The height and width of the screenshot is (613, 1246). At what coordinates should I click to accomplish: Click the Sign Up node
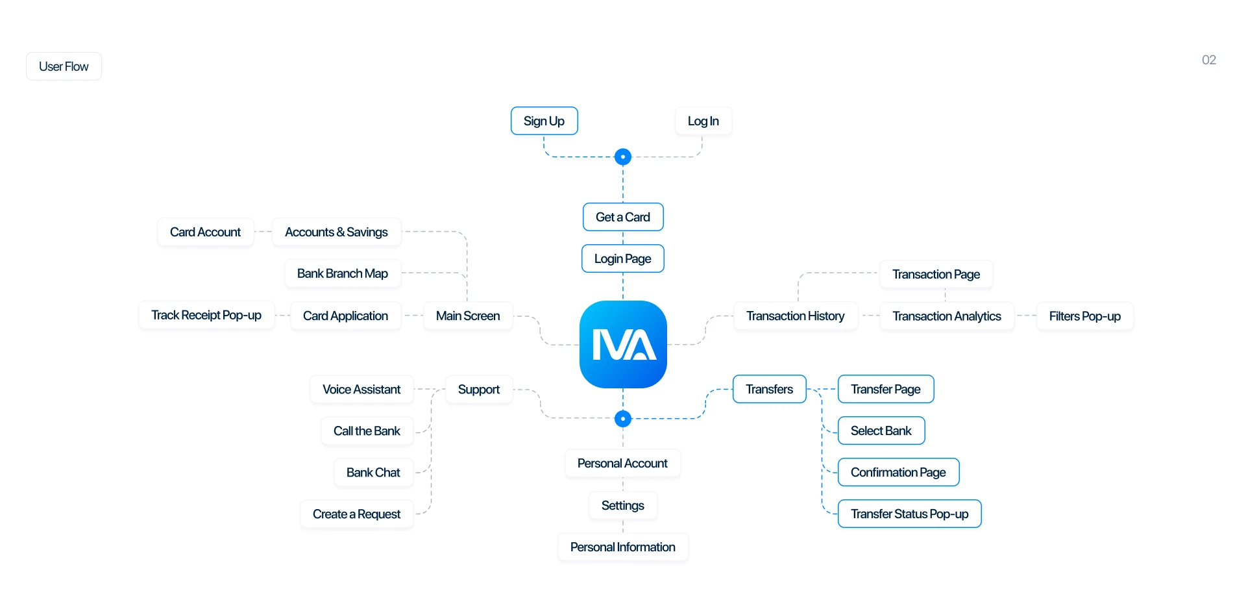pos(544,121)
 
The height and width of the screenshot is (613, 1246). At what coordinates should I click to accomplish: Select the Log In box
pos(703,121)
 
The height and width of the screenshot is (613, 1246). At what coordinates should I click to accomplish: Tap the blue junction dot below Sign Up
pos(623,157)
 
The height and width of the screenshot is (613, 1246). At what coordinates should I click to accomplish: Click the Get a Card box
pos(623,218)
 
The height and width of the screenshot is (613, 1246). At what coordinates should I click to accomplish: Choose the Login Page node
pos(623,259)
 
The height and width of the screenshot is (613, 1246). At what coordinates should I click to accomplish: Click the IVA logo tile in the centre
pos(623,344)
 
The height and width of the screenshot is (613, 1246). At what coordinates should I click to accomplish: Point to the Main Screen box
pos(468,316)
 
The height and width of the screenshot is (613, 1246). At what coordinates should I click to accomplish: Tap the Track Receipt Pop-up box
pos(206,316)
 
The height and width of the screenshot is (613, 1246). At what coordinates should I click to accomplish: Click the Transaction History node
pos(795,316)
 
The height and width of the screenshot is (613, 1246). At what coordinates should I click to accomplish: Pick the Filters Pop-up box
pos(1084,316)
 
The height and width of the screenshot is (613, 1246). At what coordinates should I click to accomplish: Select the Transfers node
pos(769,390)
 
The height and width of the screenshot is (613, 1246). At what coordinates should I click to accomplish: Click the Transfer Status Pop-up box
pos(909,514)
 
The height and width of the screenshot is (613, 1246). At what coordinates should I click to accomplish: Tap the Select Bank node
pos(881,431)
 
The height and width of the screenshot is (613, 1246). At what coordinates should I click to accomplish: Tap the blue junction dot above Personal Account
pos(623,419)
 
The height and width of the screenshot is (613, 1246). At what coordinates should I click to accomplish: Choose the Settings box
pos(623,506)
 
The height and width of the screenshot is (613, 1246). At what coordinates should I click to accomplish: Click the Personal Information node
pos(623,547)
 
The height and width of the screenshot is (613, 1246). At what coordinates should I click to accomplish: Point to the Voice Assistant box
pos(361,390)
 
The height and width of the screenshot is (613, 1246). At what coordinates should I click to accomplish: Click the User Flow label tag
pos(64,67)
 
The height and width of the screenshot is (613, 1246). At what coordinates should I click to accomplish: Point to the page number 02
pos(1208,60)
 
